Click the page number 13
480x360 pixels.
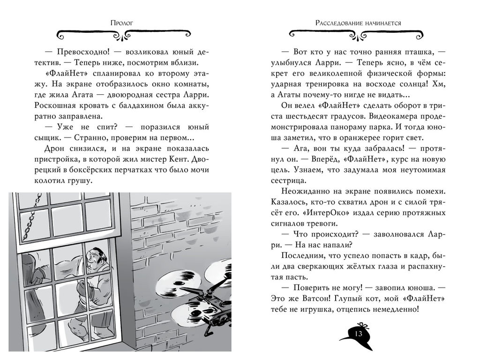tap(359, 334)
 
